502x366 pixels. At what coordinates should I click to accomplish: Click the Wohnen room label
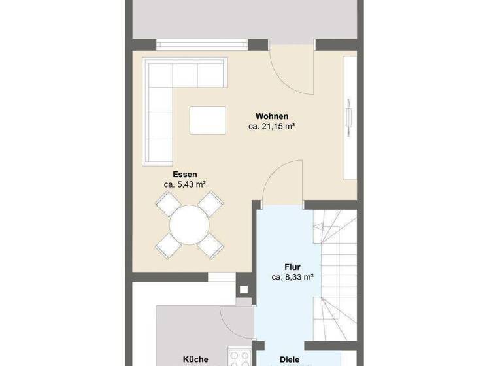click(272, 116)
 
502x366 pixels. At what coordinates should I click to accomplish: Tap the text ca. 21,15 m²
click(272, 127)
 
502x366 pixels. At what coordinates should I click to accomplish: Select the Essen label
click(185, 175)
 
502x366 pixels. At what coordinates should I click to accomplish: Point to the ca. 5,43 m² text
click(185, 185)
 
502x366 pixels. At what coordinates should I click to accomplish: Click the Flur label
click(292, 267)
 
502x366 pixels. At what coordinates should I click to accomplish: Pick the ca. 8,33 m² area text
click(292, 277)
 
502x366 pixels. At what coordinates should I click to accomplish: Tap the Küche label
click(195, 359)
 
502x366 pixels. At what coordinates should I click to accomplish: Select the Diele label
click(290, 359)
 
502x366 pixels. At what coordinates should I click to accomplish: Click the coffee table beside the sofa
click(207, 120)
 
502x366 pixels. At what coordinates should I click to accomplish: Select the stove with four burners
click(239, 358)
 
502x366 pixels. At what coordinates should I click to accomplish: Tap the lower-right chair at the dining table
click(211, 246)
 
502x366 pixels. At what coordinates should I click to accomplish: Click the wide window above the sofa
click(203, 44)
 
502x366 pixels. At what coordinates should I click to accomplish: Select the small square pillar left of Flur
click(244, 289)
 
